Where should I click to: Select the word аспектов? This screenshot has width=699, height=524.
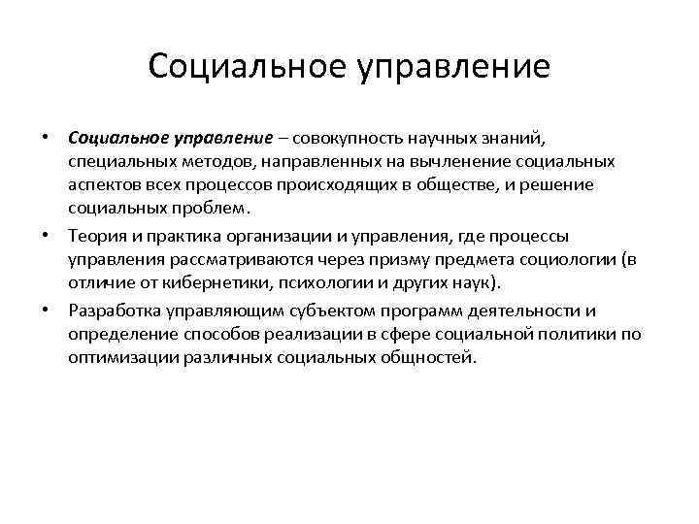click(103, 184)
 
